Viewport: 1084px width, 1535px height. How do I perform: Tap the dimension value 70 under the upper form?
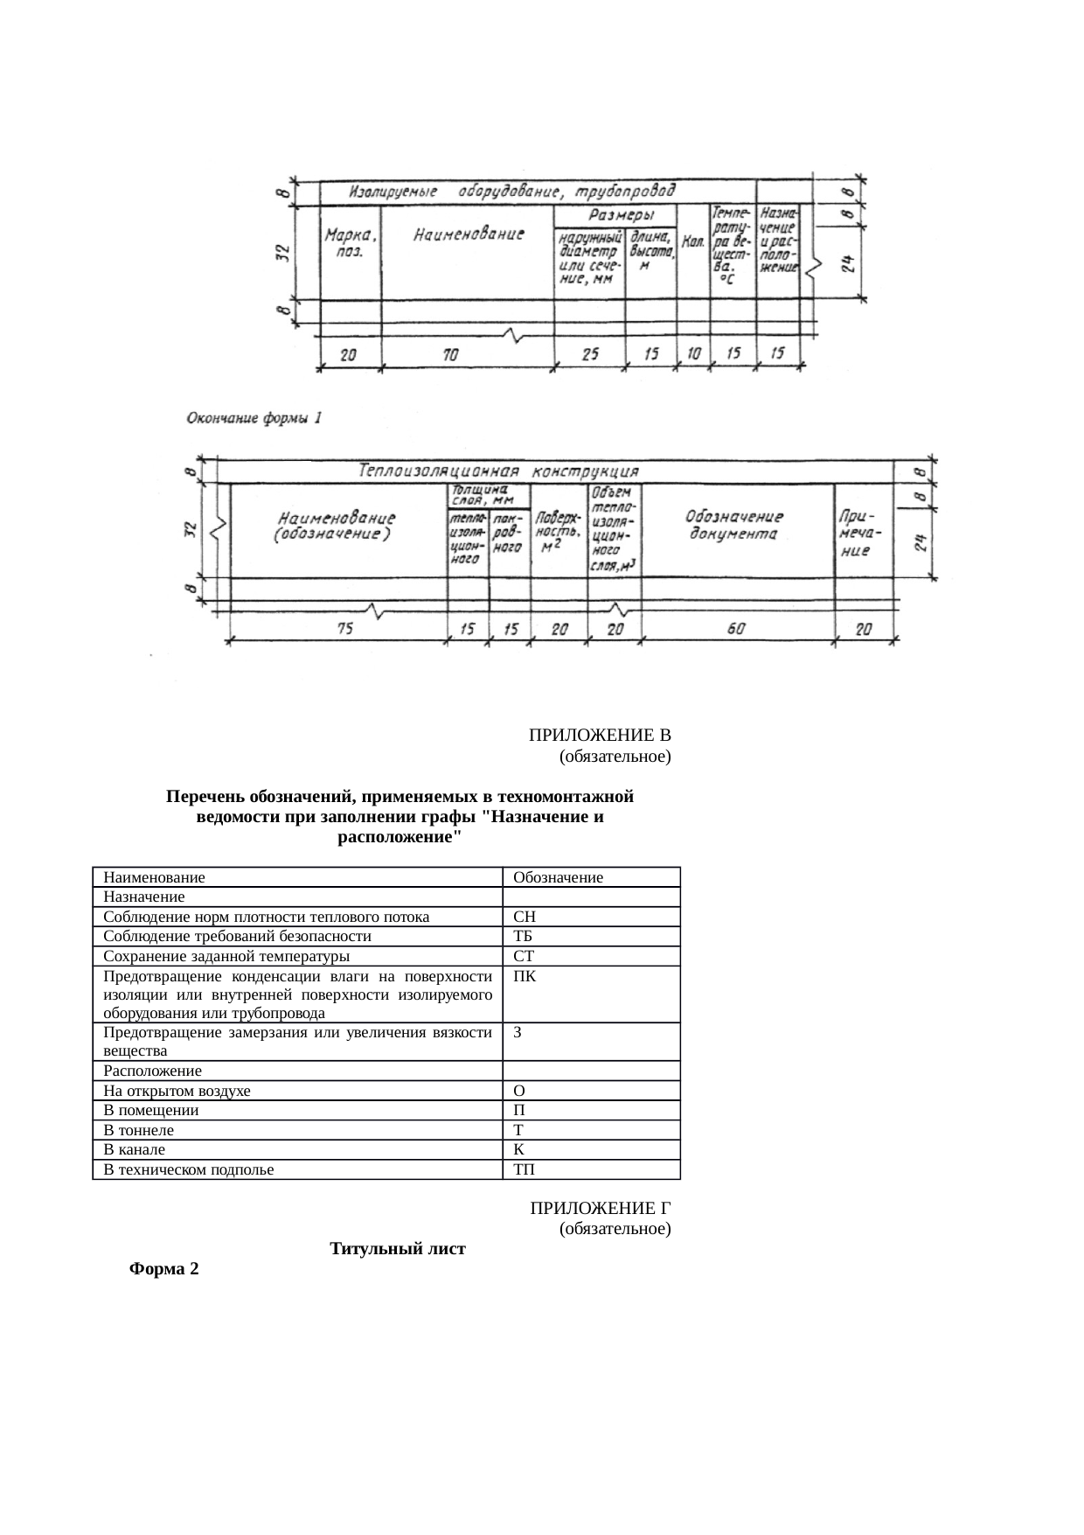coord(450,355)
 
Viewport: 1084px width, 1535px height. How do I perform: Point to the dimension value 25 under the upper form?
coord(589,354)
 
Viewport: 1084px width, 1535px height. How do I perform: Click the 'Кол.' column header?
coord(694,242)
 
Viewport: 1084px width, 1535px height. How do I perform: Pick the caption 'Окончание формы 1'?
coord(254,418)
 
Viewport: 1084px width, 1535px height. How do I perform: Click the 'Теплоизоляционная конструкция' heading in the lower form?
coord(498,471)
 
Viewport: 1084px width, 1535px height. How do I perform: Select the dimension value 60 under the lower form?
coord(736,628)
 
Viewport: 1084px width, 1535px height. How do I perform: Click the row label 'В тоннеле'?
coord(138,1130)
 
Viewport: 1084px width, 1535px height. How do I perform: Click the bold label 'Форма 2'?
coord(163,1269)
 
